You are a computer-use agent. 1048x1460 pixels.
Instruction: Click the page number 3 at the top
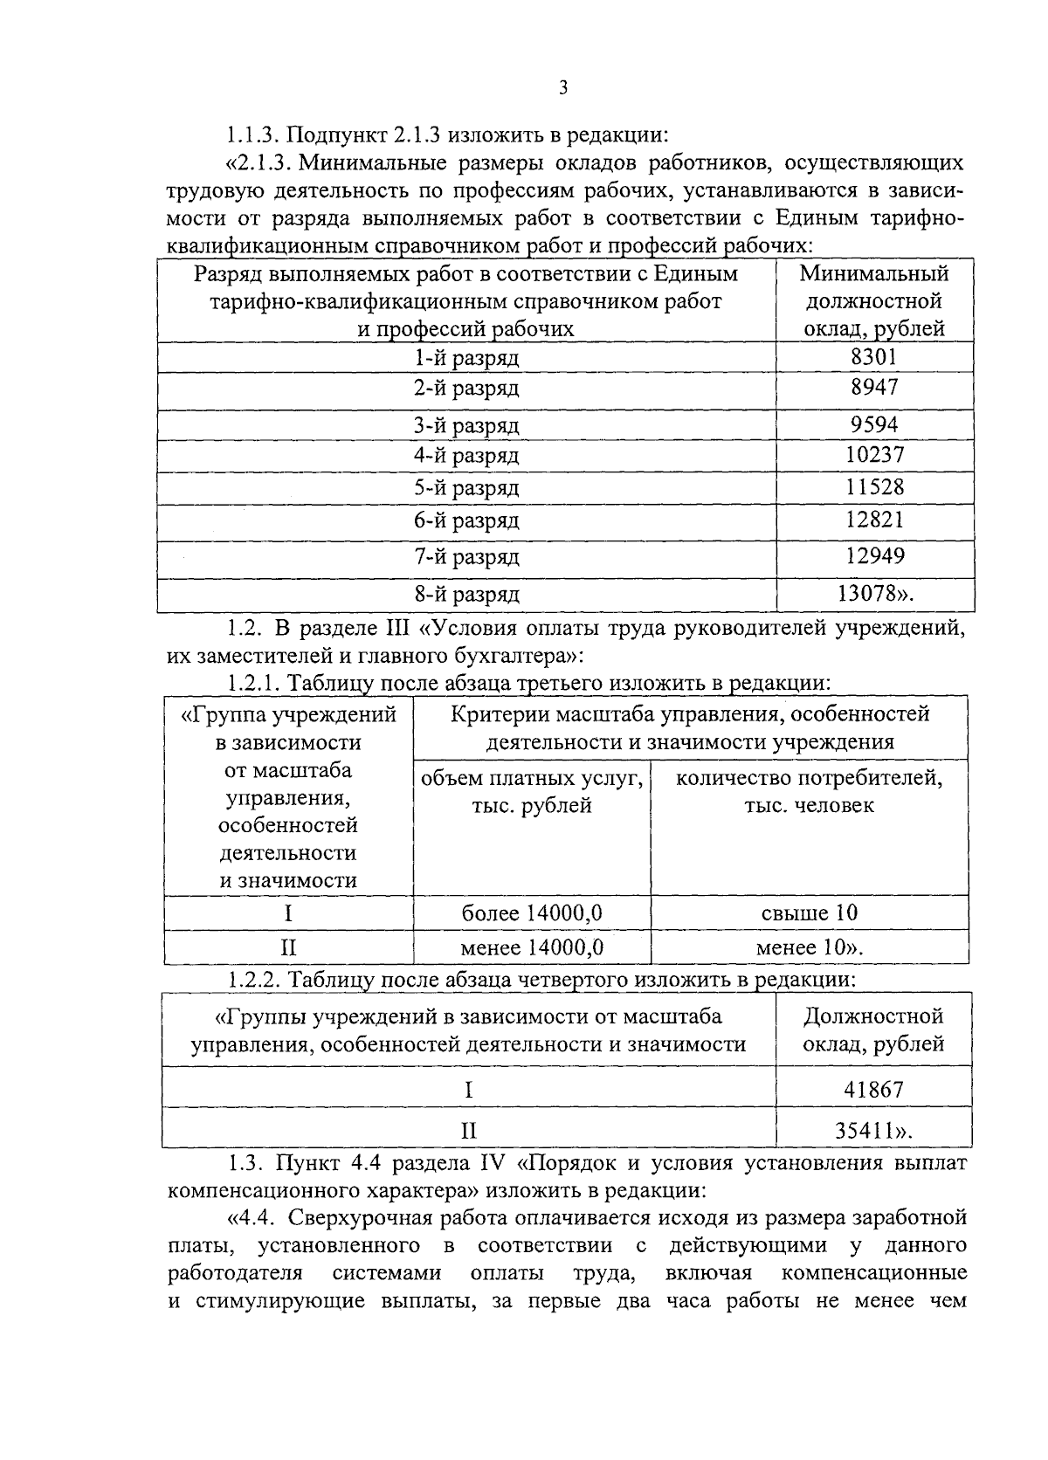[562, 87]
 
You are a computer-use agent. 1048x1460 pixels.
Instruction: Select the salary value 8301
[874, 356]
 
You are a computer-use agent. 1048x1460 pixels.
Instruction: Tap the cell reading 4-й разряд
[466, 456]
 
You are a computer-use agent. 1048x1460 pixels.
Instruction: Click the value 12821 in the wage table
[874, 520]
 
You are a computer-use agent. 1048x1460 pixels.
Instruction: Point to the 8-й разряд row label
[466, 595]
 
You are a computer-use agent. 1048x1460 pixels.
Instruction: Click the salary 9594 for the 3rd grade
[874, 425]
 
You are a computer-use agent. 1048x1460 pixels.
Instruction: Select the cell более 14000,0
[532, 913]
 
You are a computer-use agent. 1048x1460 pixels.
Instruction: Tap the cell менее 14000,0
[532, 947]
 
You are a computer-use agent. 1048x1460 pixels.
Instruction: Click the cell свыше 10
[810, 913]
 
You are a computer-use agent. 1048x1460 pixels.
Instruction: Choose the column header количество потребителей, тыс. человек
[810, 790]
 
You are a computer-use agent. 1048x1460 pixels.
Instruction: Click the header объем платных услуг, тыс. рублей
[532, 790]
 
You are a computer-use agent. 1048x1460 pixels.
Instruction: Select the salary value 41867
[874, 1089]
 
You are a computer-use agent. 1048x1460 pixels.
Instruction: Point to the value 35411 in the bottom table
[868, 1131]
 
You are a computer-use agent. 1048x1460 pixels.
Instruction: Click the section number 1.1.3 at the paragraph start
[252, 135]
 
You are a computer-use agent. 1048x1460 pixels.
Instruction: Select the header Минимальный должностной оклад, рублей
[874, 301]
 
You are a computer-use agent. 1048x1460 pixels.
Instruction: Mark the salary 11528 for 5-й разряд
[874, 487]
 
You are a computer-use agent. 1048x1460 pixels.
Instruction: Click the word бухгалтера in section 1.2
[507, 654]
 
